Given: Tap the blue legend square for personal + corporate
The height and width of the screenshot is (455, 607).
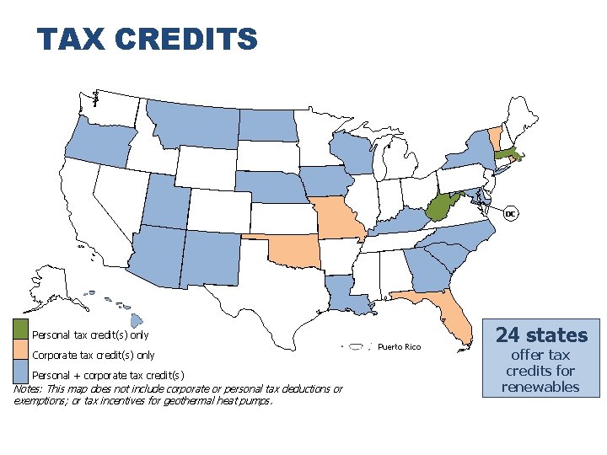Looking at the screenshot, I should click(x=21, y=370).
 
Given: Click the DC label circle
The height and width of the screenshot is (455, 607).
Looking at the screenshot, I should click(x=510, y=214).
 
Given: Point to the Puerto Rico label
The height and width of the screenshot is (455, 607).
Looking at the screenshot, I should click(x=399, y=346).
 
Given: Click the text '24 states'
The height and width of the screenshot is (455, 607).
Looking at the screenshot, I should click(x=541, y=335).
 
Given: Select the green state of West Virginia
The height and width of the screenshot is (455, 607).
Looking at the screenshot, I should click(x=438, y=206).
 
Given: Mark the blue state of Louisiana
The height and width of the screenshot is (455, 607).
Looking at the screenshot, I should click(x=341, y=295).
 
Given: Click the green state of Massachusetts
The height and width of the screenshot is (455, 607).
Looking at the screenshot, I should click(x=506, y=154).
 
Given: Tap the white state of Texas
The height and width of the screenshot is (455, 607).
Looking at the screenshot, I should click(x=270, y=295).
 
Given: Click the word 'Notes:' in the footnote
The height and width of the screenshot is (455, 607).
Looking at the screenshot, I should click(x=30, y=389).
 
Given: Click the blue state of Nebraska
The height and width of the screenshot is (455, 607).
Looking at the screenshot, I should click(x=268, y=187).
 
